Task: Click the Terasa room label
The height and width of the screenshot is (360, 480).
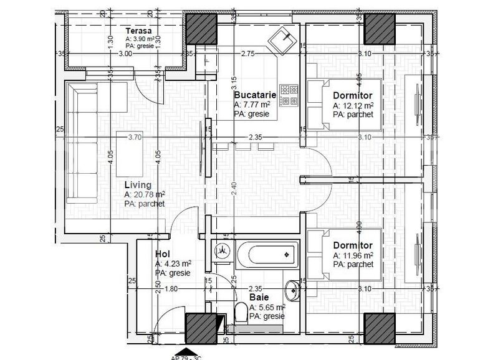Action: pyautogui.click(x=137, y=31)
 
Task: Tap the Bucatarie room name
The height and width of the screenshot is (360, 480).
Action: pyautogui.click(x=255, y=95)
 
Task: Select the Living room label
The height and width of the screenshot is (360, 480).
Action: pyautogui.click(x=138, y=186)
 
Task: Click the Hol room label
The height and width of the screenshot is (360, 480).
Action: pyautogui.click(x=162, y=254)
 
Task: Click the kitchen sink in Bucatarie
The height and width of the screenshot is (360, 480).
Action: pyautogui.click(x=284, y=41)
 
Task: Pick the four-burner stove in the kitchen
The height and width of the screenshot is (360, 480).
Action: pyautogui.click(x=289, y=95)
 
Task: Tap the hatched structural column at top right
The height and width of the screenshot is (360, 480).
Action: pyautogui.click(x=379, y=29)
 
